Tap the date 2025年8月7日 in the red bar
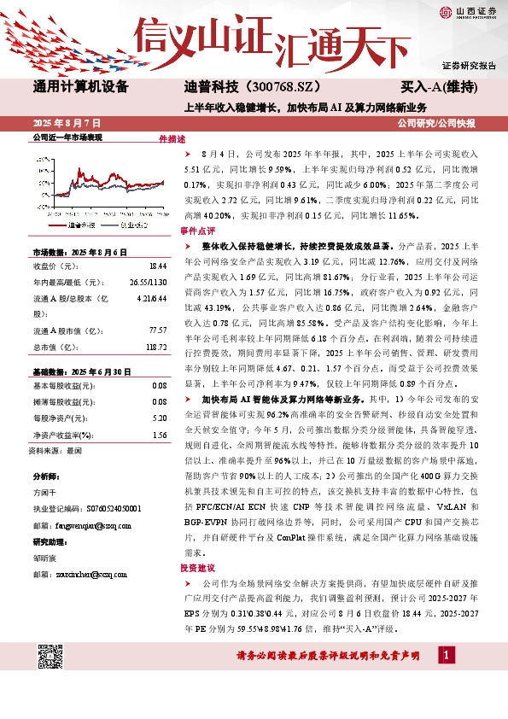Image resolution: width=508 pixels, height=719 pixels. point(67,124)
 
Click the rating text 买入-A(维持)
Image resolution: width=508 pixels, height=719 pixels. point(438,87)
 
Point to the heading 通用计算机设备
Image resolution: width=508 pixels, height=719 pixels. point(80,87)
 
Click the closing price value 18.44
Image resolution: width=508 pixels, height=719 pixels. point(156,267)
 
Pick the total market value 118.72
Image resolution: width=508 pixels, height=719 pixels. point(155,348)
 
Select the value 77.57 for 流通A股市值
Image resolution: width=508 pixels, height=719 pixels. point(156,330)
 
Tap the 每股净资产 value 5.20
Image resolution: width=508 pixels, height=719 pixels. point(159,418)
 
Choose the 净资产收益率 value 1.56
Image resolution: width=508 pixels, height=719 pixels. point(159,435)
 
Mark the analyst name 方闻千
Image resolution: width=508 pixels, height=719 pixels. point(44,492)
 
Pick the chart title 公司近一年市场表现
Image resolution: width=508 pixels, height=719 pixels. point(67,137)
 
